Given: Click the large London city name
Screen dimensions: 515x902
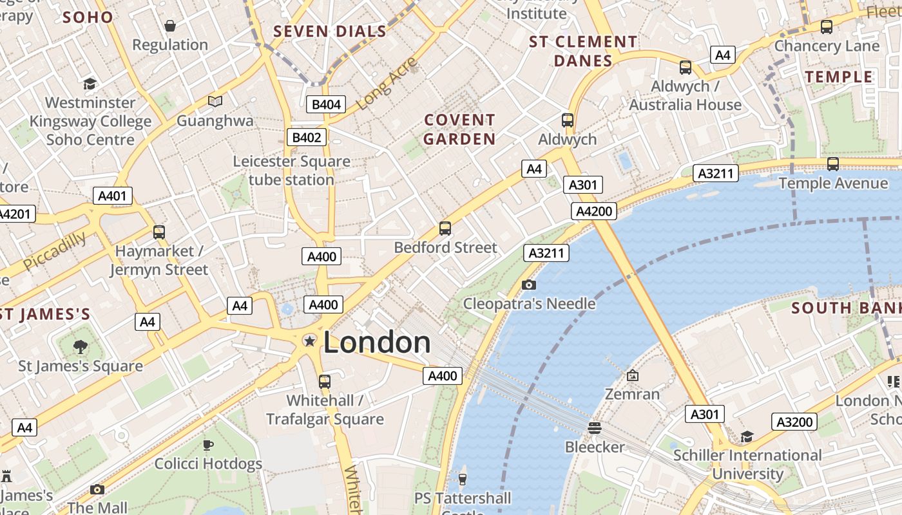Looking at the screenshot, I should tap(377, 342).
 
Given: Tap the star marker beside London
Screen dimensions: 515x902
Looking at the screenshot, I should tap(310, 341).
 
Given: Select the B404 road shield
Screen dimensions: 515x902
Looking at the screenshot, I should tap(326, 104).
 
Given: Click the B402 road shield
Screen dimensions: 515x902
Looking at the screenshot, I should tap(307, 136).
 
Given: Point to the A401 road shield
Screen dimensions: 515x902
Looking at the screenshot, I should tap(113, 196).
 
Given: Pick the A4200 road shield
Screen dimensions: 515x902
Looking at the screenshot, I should tap(593, 211).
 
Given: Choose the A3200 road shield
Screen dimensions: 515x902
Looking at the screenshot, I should tap(794, 422).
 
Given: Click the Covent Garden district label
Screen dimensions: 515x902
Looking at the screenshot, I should tap(459, 129).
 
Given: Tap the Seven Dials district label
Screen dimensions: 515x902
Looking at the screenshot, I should tap(330, 32).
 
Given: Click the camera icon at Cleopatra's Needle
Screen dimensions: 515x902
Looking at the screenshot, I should tap(528, 285).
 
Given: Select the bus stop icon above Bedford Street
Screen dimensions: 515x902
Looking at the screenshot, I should tap(445, 228).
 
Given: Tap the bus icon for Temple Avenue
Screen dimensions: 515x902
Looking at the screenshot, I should tap(832, 164).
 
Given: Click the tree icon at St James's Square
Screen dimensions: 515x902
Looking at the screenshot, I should tap(81, 347).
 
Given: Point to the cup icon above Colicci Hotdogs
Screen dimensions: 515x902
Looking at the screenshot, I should tap(207, 445).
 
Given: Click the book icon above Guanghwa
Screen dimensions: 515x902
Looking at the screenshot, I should tap(215, 101).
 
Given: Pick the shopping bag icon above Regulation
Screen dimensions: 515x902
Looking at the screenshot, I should tap(170, 26).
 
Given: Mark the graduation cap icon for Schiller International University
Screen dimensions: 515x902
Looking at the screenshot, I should tap(747, 436).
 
